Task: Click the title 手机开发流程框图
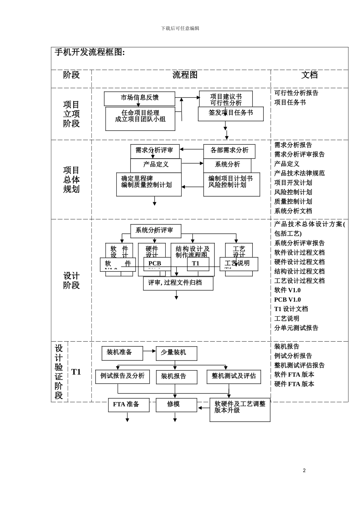(90, 52)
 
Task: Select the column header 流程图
(185, 75)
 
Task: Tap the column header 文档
(309, 75)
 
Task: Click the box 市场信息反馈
(139, 97)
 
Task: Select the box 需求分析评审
(155, 150)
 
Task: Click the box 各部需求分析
(229, 150)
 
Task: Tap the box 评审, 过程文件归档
(178, 283)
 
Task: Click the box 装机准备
(122, 353)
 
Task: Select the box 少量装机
(176, 353)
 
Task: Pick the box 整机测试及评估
(233, 376)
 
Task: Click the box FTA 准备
(128, 404)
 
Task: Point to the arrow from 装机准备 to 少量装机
(149, 351)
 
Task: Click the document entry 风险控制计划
(293, 192)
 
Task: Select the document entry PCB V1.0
(287, 300)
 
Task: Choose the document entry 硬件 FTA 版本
(294, 384)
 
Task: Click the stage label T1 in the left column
(76, 372)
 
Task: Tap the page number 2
(304, 470)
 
